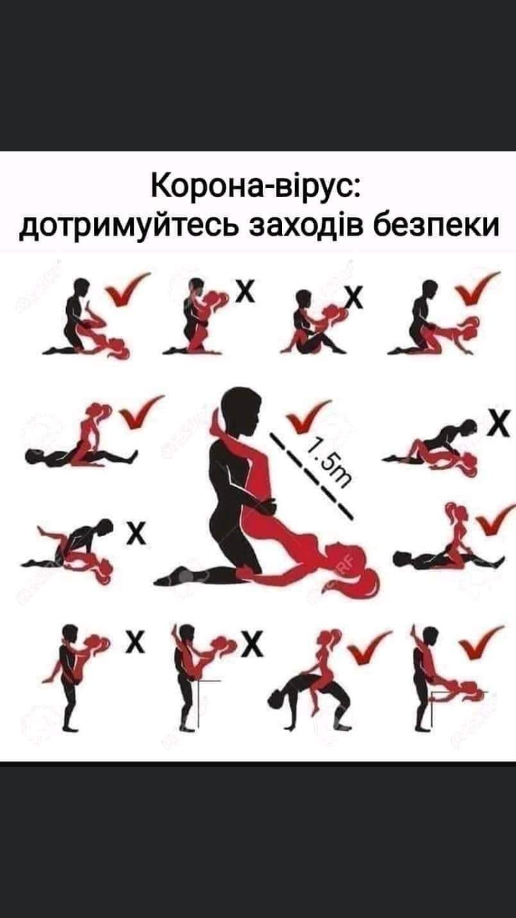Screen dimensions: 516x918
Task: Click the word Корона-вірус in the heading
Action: tap(256, 187)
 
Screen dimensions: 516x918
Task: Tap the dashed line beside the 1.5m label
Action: tap(312, 476)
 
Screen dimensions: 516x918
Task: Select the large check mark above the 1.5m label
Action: tap(308, 417)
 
